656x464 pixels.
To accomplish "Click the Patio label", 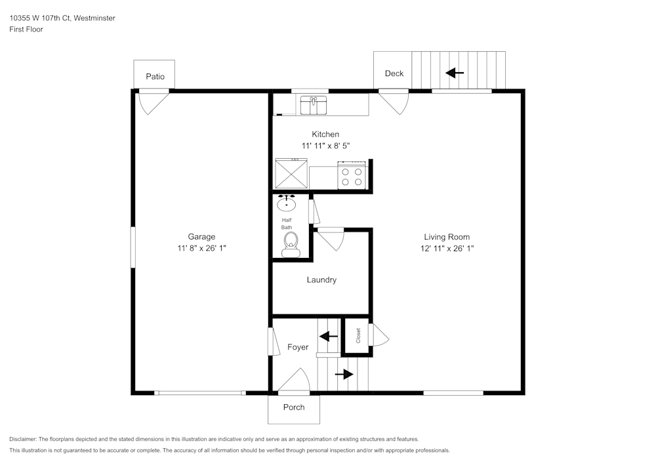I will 155,77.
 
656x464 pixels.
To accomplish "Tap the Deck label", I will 394,74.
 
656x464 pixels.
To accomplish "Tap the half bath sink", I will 287,203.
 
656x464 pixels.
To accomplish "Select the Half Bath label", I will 287,224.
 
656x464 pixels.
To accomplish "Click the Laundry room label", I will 321,280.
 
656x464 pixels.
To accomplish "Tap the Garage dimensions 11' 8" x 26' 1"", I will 202,248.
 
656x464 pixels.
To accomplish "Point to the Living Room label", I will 447,237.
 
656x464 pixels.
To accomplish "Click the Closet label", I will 358,335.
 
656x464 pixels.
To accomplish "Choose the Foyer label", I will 298,347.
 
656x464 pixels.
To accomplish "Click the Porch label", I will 294,407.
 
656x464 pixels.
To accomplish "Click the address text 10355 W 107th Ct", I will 39,18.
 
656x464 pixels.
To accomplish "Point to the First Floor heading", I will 26,30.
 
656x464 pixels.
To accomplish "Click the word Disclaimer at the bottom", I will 23,439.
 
